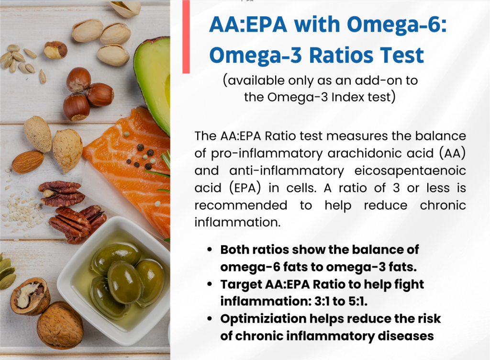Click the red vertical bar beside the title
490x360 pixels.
pyautogui.click(x=186, y=37)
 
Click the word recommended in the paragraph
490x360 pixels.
pyautogui.click(x=241, y=205)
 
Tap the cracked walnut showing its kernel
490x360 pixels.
pyautogui.click(x=30, y=296)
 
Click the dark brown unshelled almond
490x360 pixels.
pyautogui.click(x=28, y=162)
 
